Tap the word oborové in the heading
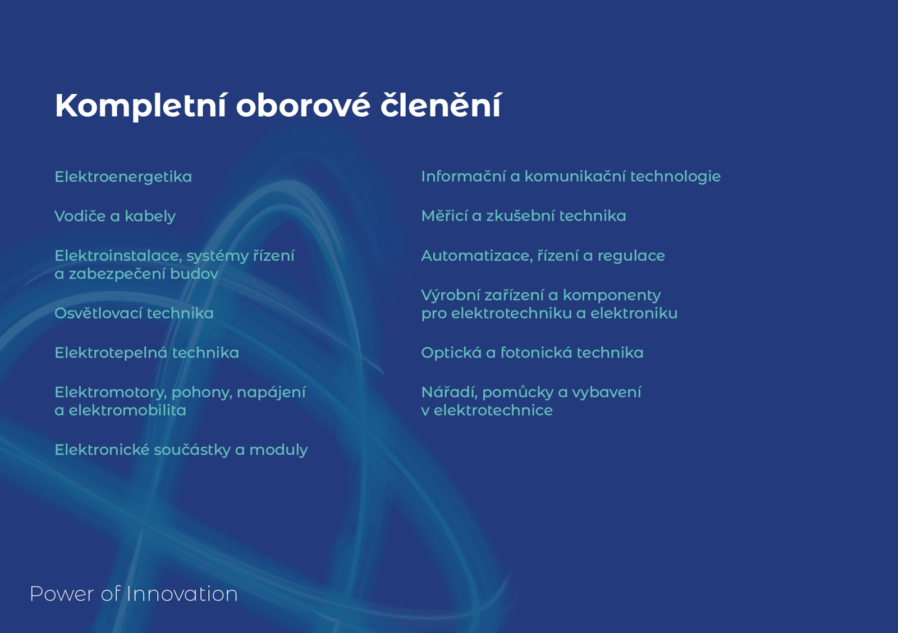coord(303,106)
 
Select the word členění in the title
coord(441,105)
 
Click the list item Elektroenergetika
coord(123,177)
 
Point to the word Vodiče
coord(80,216)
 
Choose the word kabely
coord(150,217)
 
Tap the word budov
coord(194,274)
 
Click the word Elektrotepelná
coord(111,353)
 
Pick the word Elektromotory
coord(111,392)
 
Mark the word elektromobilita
coord(127,410)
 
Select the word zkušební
coord(521,216)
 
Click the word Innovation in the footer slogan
coord(182,594)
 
